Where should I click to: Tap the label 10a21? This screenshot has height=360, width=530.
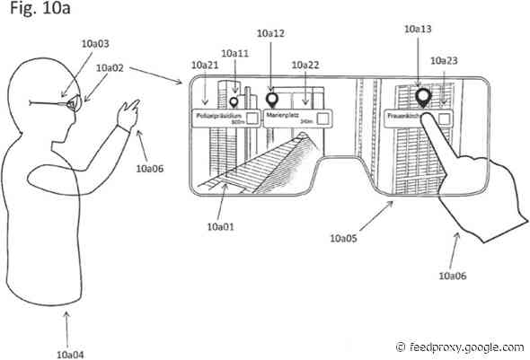(207, 66)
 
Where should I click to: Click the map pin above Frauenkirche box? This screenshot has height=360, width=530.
(421, 96)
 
